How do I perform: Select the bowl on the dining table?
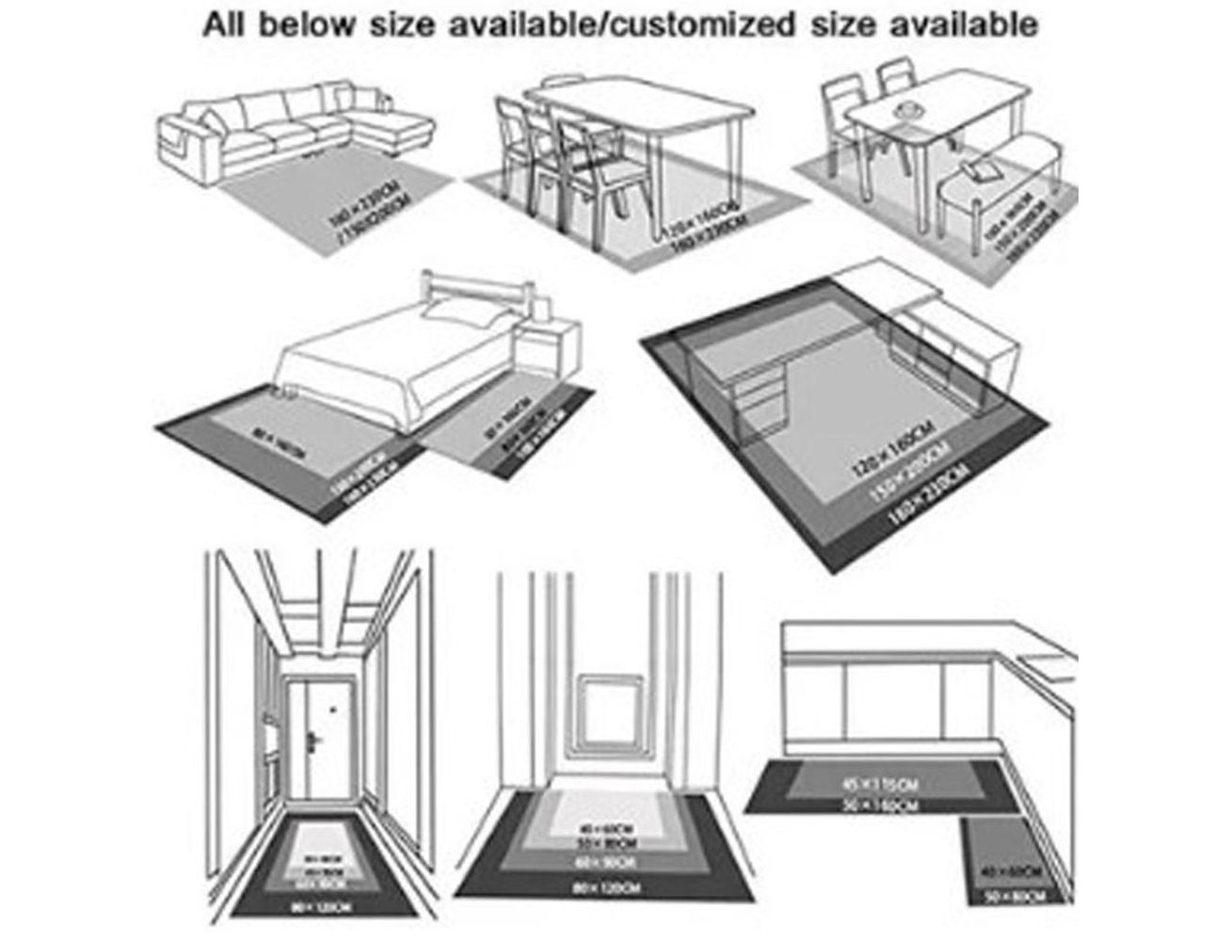point(909,111)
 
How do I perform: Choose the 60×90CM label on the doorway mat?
point(605,861)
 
